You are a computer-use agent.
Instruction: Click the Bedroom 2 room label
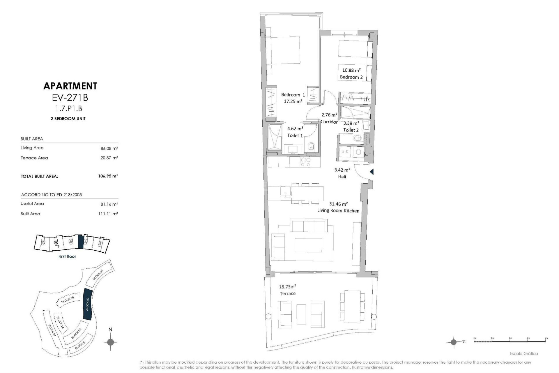(x=351, y=77)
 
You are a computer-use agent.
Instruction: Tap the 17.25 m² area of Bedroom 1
(x=293, y=101)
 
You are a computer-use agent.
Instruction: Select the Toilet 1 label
(x=295, y=136)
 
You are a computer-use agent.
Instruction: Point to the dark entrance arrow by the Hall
(x=372, y=172)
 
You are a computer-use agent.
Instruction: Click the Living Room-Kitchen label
(x=338, y=211)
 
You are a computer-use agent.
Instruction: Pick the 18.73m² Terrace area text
(x=287, y=287)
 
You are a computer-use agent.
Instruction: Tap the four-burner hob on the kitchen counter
(x=306, y=162)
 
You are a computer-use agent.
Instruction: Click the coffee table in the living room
(x=308, y=245)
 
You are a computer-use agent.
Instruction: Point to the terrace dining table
(x=352, y=306)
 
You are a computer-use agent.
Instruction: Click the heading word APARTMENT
(x=70, y=86)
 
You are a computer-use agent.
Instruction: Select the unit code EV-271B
(x=70, y=97)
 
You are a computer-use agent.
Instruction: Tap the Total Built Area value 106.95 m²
(x=108, y=176)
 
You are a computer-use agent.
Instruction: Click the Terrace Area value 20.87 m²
(x=109, y=158)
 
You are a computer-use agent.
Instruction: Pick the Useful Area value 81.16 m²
(x=109, y=204)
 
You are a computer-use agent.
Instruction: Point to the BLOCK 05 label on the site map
(x=68, y=300)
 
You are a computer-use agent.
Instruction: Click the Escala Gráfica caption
(x=524, y=353)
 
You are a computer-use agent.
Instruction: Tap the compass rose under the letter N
(x=110, y=342)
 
